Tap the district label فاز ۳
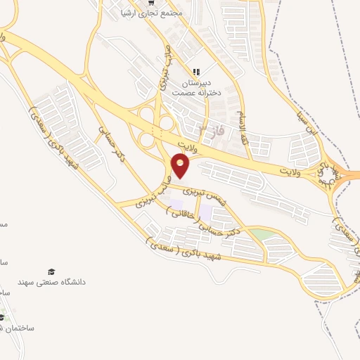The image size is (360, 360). coord(209,130)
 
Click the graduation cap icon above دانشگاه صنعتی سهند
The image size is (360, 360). coord(51,272)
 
